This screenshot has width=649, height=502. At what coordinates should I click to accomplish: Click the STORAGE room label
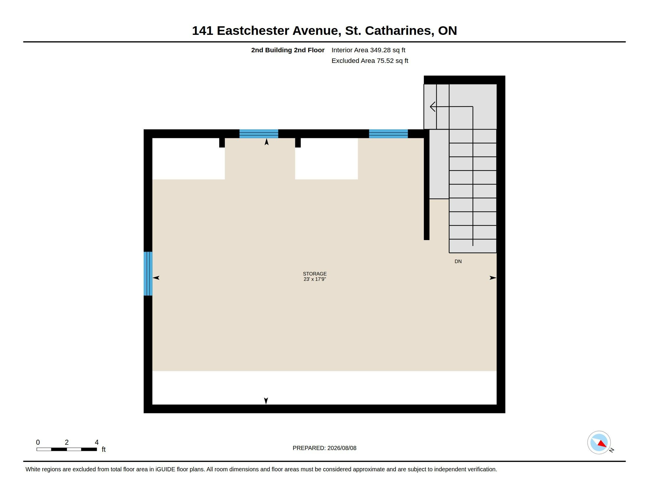click(315, 274)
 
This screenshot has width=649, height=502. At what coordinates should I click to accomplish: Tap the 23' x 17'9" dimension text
click(315, 279)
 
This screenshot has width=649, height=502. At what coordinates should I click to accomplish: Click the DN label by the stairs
click(458, 261)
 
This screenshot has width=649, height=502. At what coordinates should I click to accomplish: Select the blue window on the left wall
click(148, 274)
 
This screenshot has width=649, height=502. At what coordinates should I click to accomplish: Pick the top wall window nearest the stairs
click(389, 134)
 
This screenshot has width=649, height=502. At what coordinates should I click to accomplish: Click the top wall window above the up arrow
click(259, 134)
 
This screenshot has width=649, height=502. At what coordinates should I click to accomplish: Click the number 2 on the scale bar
click(67, 442)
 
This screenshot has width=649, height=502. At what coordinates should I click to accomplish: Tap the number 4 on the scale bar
click(96, 442)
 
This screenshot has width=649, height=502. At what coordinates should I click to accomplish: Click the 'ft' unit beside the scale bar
click(104, 449)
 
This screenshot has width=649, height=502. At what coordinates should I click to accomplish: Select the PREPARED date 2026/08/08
click(342, 448)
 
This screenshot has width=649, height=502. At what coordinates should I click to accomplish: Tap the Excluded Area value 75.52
click(385, 61)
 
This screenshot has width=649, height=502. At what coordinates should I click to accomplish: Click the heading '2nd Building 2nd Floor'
click(288, 50)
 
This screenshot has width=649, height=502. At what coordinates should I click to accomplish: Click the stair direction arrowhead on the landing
click(433, 107)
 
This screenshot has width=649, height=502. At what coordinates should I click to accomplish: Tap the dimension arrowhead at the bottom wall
click(266, 401)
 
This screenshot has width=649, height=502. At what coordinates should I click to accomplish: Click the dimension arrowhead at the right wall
click(493, 278)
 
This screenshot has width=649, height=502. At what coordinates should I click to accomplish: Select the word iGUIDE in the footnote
click(165, 469)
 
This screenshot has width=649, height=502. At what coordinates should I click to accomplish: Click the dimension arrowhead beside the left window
click(156, 278)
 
